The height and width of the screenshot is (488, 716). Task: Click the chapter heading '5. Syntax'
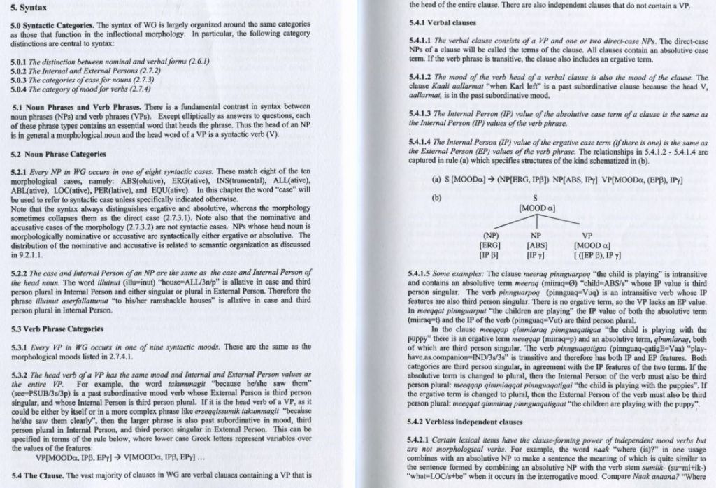(26, 9)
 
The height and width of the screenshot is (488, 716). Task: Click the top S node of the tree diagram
(536, 199)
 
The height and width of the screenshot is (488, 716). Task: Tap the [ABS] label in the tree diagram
(536, 245)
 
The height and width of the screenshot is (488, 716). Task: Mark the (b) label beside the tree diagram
(417, 197)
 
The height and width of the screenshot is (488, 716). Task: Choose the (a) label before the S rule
(417, 180)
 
